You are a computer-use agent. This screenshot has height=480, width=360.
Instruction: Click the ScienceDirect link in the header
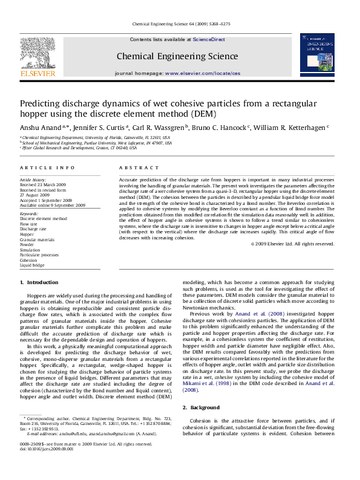point(209,39)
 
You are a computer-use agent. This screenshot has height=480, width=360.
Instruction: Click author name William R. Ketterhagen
point(290,128)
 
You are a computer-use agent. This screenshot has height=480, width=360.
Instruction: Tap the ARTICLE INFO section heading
point(48,167)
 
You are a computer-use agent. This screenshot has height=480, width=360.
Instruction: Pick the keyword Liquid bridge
point(32,265)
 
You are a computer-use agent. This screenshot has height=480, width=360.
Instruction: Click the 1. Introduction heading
point(39,282)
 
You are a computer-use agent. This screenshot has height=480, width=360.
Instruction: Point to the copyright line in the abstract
point(292,244)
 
